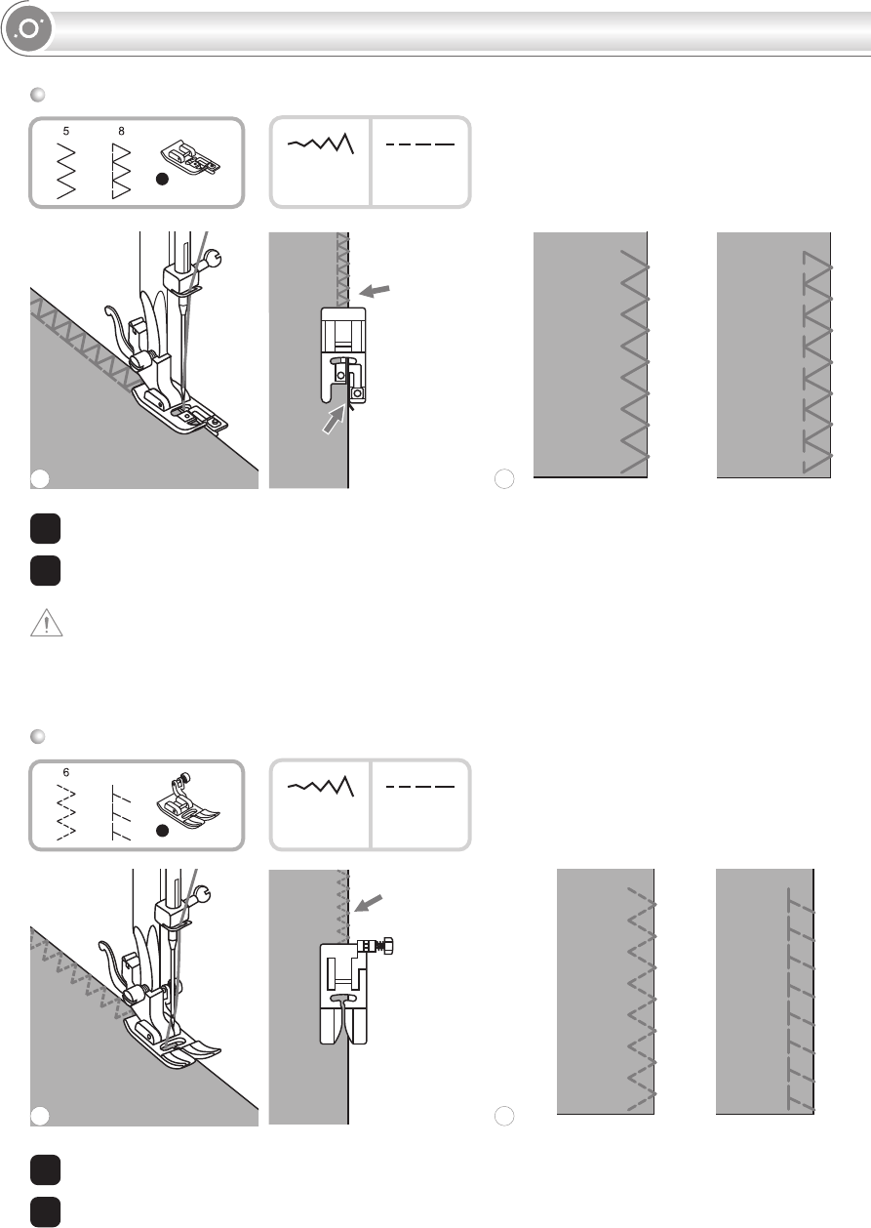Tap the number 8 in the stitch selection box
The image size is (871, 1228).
click(x=121, y=129)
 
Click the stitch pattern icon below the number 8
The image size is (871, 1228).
click(x=121, y=168)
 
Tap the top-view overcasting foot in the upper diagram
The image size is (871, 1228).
click(x=342, y=356)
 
